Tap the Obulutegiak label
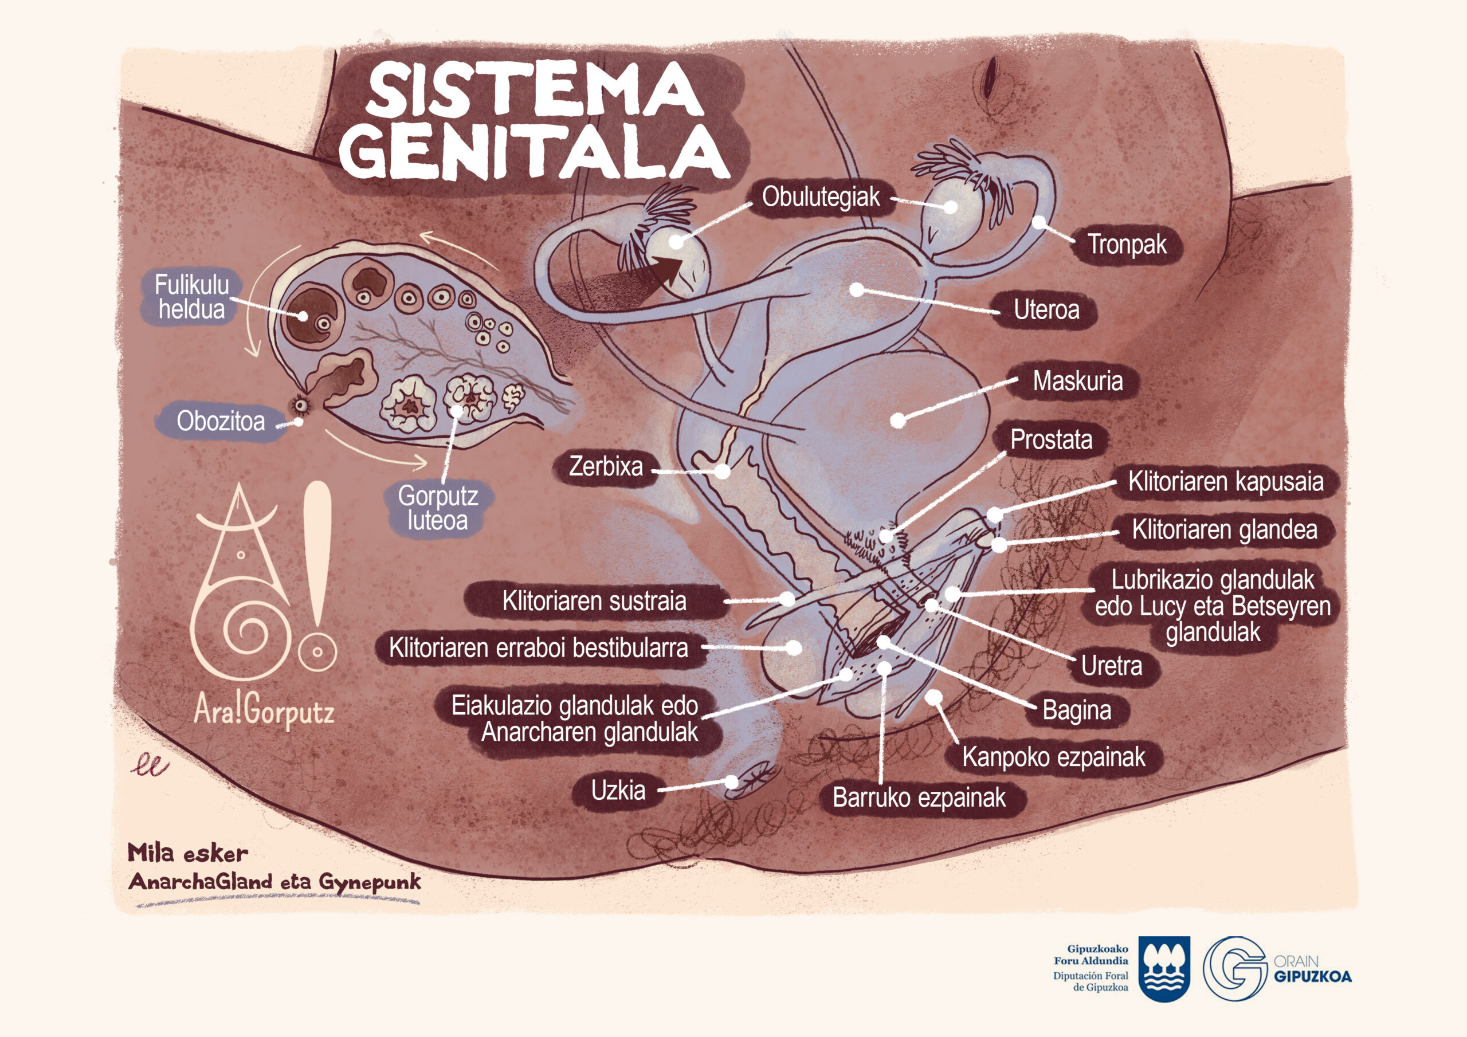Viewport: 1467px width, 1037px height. click(821, 197)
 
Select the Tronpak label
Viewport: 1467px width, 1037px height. click(1127, 244)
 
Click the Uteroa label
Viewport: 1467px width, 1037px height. click(1046, 310)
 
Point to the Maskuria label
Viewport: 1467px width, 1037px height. click(1077, 382)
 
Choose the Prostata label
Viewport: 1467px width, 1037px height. click(1051, 439)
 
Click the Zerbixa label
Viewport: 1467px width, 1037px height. click(606, 466)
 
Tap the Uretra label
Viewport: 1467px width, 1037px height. click(1111, 666)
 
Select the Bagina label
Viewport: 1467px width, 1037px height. click(1077, 710)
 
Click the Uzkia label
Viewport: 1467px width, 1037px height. click(618, 791)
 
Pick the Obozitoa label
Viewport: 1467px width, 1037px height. click(221, 422)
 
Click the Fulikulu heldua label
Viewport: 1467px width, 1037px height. click(191, 298)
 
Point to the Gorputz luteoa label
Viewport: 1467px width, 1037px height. click(437, 509)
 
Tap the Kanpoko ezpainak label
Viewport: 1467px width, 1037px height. click(1054, 757)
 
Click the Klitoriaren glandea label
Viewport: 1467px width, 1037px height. click(1224, 530)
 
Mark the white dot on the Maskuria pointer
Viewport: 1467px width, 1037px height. click(899, 421)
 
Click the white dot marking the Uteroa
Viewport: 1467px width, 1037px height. click(857, 290)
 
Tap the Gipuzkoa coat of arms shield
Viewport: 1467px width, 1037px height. click(1165, 969)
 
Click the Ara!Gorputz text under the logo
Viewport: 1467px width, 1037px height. click(264, 711)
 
